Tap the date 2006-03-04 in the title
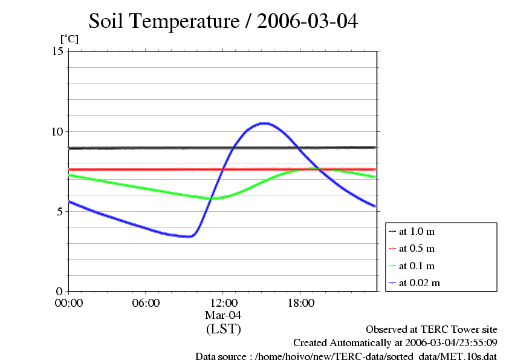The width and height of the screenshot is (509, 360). point(308,22)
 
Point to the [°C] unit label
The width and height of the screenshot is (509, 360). point(69,39)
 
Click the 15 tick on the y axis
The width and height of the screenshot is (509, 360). point(58,51)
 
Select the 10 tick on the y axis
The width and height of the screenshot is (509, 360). point(58,131)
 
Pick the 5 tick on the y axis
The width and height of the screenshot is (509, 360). point(60,211)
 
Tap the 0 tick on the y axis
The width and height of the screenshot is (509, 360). point(60,291)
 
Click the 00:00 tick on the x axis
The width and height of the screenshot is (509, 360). point(69,303)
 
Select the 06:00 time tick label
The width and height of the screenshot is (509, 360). point(146,303)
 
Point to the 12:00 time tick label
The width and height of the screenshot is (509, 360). point(223,303)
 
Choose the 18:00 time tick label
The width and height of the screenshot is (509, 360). point(300,303)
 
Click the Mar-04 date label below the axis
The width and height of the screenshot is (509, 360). point(223,315)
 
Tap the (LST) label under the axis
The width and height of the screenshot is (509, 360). point(223,329)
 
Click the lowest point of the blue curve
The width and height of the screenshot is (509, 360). point(189,237)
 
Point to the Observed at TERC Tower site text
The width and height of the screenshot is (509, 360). point(432,330)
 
